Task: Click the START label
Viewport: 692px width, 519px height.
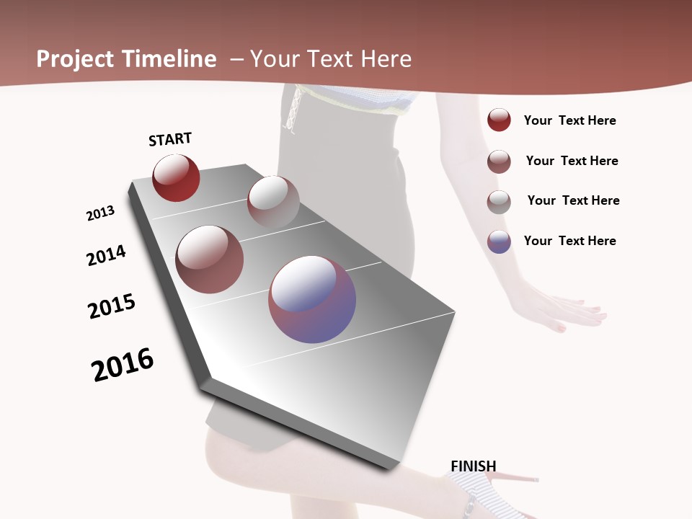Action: click(x=170, y=139)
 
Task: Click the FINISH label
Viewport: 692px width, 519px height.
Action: click(x=473, y=466)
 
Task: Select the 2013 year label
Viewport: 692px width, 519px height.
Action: click(x=100, y=213)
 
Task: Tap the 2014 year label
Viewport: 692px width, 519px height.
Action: click(x=106, y=255)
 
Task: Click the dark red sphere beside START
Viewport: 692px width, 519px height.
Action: click(x=176, y=177)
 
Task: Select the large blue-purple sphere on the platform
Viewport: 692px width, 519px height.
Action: click(x=312, y=298)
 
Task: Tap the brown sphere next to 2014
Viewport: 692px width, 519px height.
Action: click(x=210, y=259)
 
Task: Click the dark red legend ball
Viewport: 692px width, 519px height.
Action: click(x=499, y=120)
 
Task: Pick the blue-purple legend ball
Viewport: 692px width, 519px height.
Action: click(x=499, y=241)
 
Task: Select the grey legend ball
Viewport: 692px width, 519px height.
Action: click(x=499, y=202)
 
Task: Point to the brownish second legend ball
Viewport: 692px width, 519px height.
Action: click(x=499, y=161)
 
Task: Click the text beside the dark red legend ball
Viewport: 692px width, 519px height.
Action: click(x=569, y=120)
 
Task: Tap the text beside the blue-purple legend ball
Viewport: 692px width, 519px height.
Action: click(x=569, y=241)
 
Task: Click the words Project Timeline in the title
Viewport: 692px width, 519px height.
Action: click(x=126, y=59)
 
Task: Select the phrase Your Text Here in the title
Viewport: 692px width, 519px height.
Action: click(x=331, y=59)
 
